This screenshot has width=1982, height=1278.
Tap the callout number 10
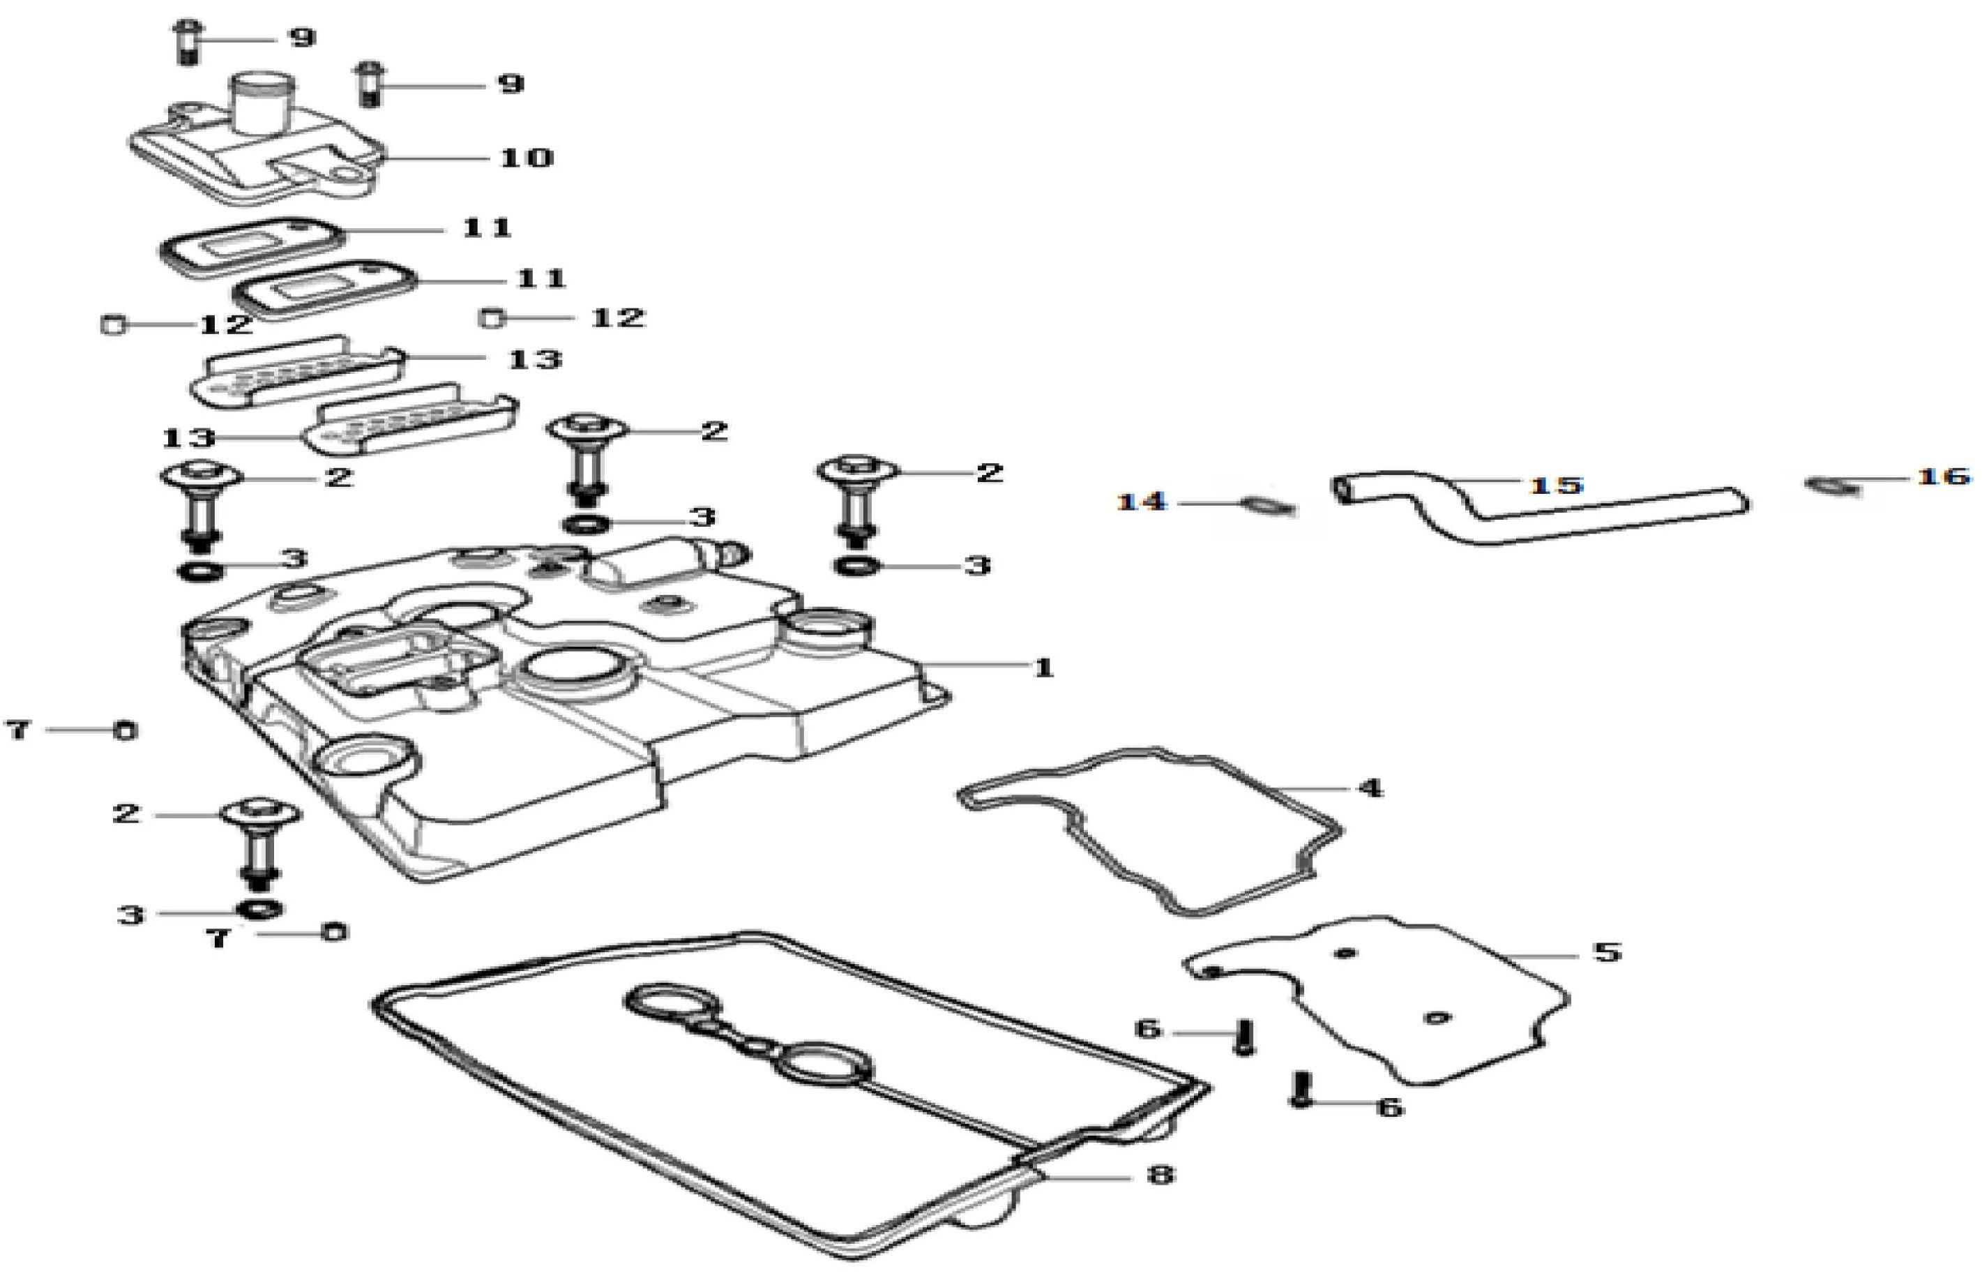click(x=526, y=158)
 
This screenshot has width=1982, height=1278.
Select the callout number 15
click(x=1557, y=485)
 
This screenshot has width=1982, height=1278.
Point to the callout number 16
click(x=1943, y=476)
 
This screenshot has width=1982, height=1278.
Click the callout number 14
click(x=1142, y=502)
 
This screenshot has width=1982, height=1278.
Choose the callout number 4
click(x=1369, y=788)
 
